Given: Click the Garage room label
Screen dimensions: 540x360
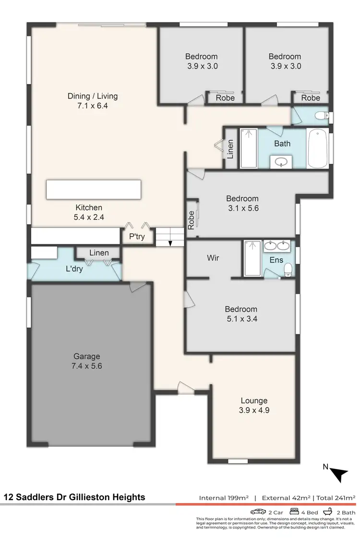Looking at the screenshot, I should (87, 361).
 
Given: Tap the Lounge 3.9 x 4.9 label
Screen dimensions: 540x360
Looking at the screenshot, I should (254, 406).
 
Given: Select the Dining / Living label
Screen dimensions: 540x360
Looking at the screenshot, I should (92, 101).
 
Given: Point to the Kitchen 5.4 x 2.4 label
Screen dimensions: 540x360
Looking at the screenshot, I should (89, 212).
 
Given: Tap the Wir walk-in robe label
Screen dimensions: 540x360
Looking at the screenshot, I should (213, 258).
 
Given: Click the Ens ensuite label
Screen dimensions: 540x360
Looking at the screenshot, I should (276, 260).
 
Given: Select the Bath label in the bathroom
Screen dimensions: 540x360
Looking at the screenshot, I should (282, 143).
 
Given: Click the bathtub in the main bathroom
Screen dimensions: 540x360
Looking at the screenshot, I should (318, 148).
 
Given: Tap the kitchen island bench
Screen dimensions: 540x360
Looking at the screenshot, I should (94, 190).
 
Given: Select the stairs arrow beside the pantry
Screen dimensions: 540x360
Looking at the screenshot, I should (170, 243).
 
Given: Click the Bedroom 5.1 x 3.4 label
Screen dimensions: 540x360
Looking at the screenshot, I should (241, 314).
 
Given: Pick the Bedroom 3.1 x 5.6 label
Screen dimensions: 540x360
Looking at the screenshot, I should (242, 203).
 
